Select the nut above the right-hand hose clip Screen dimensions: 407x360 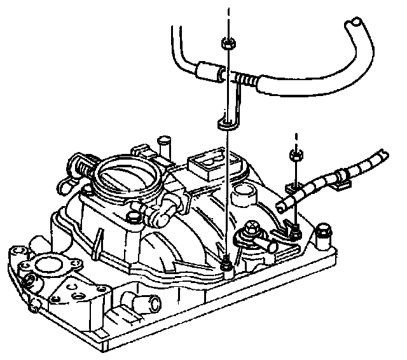click(x=294, y=155)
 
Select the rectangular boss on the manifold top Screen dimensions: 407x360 click(x=207, y=164)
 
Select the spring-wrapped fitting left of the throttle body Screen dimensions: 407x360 click(x=83, y=169)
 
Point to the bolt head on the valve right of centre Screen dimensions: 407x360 click(x=253, y=226)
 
